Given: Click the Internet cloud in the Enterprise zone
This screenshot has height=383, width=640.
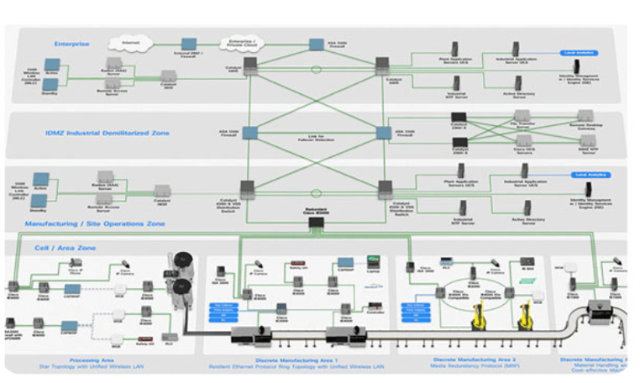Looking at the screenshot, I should pos(129,41).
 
